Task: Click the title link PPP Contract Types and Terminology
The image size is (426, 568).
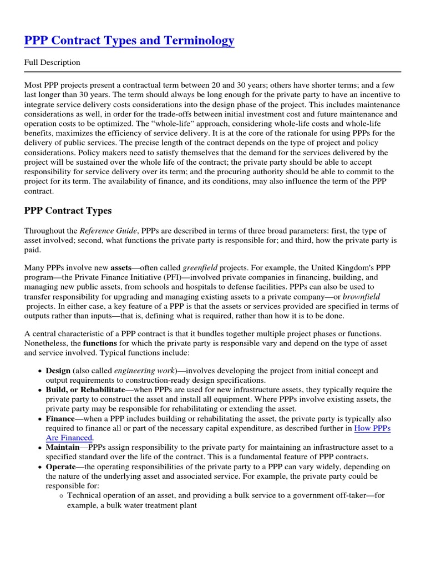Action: pos(129,41)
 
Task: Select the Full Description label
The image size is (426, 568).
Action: pos(52,63)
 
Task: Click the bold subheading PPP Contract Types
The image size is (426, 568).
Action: pos(68,211)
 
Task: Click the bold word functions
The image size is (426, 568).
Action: pos(99,343)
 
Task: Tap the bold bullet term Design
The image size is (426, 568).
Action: pos(58,371)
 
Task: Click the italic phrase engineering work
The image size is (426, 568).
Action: pos(144,371)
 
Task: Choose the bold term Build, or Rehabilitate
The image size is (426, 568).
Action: pos(85,390)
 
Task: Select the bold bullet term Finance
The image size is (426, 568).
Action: pos(60,419)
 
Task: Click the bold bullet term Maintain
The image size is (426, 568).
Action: pos(62,447)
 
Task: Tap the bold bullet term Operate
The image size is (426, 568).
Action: pos(60,466)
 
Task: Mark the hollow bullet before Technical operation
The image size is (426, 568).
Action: pos(60,496)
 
